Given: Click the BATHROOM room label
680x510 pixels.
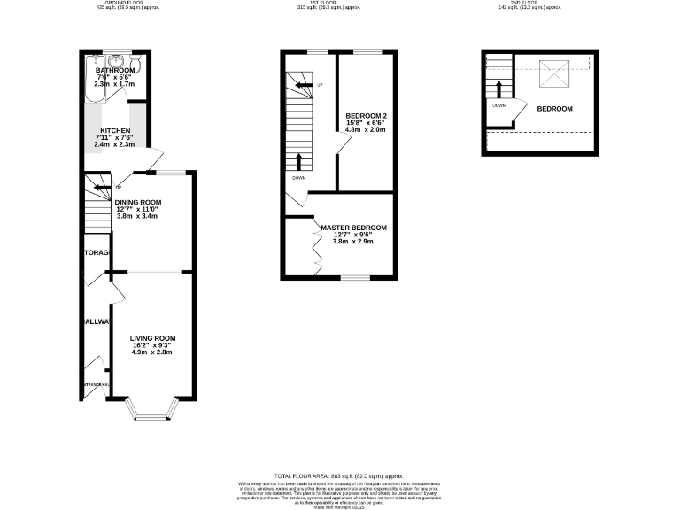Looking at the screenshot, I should pos(116,70).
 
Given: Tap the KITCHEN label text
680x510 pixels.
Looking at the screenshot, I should pos(114,130).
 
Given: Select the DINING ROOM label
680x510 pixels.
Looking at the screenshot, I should pos(137,201).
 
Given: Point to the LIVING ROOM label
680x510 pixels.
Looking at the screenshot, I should pos(153,338).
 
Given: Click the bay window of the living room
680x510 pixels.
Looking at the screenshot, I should pos(152,408).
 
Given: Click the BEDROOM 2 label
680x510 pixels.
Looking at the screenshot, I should pos(367,117).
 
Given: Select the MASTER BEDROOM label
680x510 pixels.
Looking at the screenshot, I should pos(352,228).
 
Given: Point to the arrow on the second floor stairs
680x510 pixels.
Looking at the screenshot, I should pos(498,89).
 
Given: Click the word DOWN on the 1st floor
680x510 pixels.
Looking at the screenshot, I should pos(298,177).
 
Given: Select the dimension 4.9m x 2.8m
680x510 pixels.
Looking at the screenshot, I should pos(153,352).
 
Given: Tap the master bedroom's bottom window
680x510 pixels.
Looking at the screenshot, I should pos(358,277).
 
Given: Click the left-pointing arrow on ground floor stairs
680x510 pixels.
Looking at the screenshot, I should pos(90,185).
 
